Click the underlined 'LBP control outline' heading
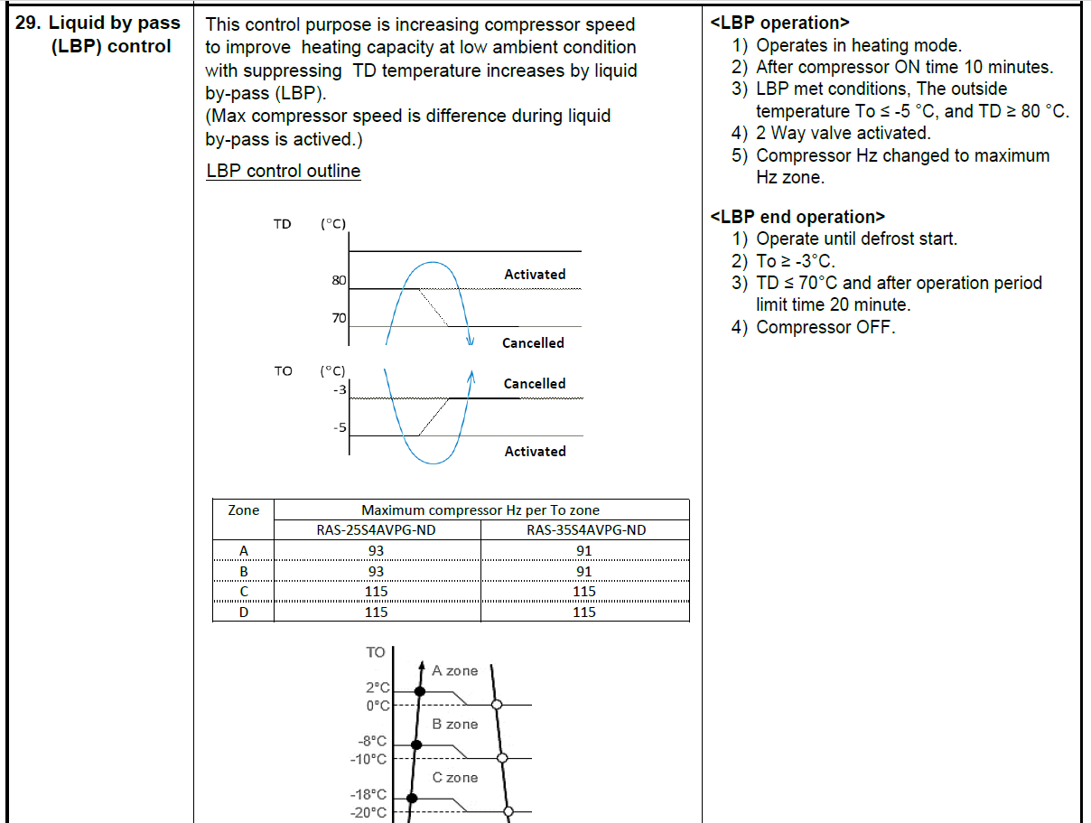pos(283,172)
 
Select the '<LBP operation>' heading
pos(779,23)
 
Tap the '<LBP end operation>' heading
pos(797,217)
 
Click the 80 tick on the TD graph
pos(340,281)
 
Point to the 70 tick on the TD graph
pos(340,318)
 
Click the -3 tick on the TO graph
pos(340,389)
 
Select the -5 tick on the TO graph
pos(340,427)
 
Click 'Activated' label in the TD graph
pos(535,275)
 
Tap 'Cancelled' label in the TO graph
pos(535,384)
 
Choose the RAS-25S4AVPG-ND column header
pos(376,530)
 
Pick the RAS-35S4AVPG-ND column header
pos(585,530)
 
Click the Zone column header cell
pos(243,510)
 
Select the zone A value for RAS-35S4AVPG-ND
pos(584,551)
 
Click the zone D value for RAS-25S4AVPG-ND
pos(376,613)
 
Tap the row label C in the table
pos(243,592)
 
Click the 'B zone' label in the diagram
pos(454,725)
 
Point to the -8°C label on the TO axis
pos(372,741)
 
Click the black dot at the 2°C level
pos(419,691)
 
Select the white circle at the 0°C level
pos(496,704)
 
